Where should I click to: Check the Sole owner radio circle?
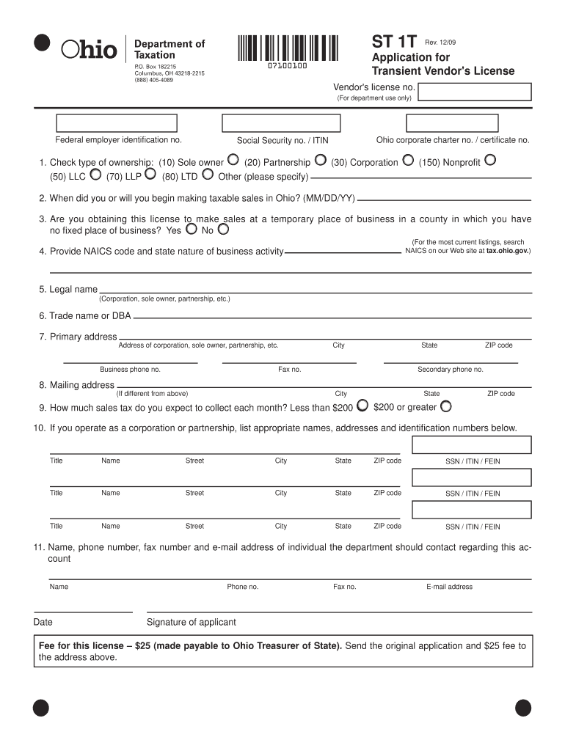pyautogui.click(x=233, y=159)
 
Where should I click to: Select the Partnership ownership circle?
pyautogui.click(x=320, y=159)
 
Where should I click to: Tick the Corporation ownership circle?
pyautogui.click(x=408, y=159)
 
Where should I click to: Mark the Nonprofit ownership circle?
pyautogui.click(x=490, y=159)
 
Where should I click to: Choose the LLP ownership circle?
pyautogui.click(x=150, y=174)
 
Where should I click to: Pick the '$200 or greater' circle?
pyautogui.click(x=445, y=405)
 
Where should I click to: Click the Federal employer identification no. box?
pyautogui.click(x=117, y=123)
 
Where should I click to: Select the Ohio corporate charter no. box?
pyautogui.click(x=453, y=123)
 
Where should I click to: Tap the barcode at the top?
pyautogui.click(x=288, y=48)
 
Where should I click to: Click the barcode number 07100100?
pyautogui.click(x=287, y=67)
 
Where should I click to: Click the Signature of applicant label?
pyautogui.click(x=192, y=622)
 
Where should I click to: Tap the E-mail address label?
pyautogui.click(x=449, y=587)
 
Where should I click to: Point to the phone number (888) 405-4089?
pyautogui.click(x=153, y=80)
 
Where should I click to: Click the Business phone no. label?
pyautogui.click(x=130, y=370)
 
